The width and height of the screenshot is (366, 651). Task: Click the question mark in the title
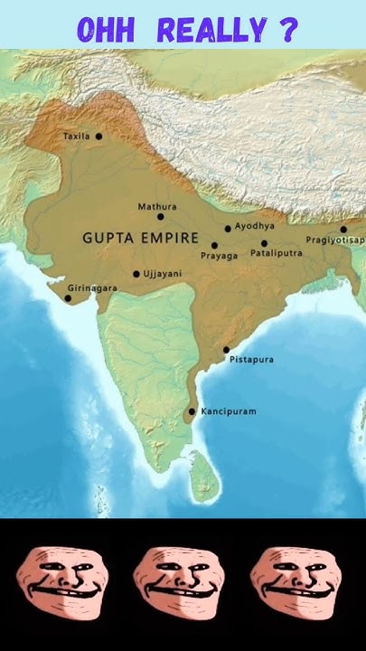coord(288,30)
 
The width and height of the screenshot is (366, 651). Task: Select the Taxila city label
coord(76,137)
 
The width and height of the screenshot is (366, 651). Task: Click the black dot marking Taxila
coord(99,137)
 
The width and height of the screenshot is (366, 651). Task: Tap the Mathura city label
coord(156,206)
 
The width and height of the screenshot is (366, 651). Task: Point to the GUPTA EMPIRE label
coord(140,238)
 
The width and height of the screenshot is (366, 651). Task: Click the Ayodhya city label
coord(254,226)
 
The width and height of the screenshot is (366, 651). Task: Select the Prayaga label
coord(220,256)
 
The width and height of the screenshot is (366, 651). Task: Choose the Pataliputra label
coord(276,254)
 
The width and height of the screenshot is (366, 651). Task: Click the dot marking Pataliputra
coord(265,242)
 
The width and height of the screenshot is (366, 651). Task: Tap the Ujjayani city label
coord(163,273)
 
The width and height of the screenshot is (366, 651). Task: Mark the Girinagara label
coord(92,288)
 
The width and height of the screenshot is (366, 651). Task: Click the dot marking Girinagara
coord(67,297)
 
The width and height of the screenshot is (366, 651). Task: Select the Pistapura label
coord(251,360)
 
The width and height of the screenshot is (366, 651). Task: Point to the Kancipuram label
coord(229,411)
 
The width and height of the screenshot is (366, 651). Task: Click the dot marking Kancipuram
coord(192,411)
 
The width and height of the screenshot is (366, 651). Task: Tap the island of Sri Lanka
coord(203,476)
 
